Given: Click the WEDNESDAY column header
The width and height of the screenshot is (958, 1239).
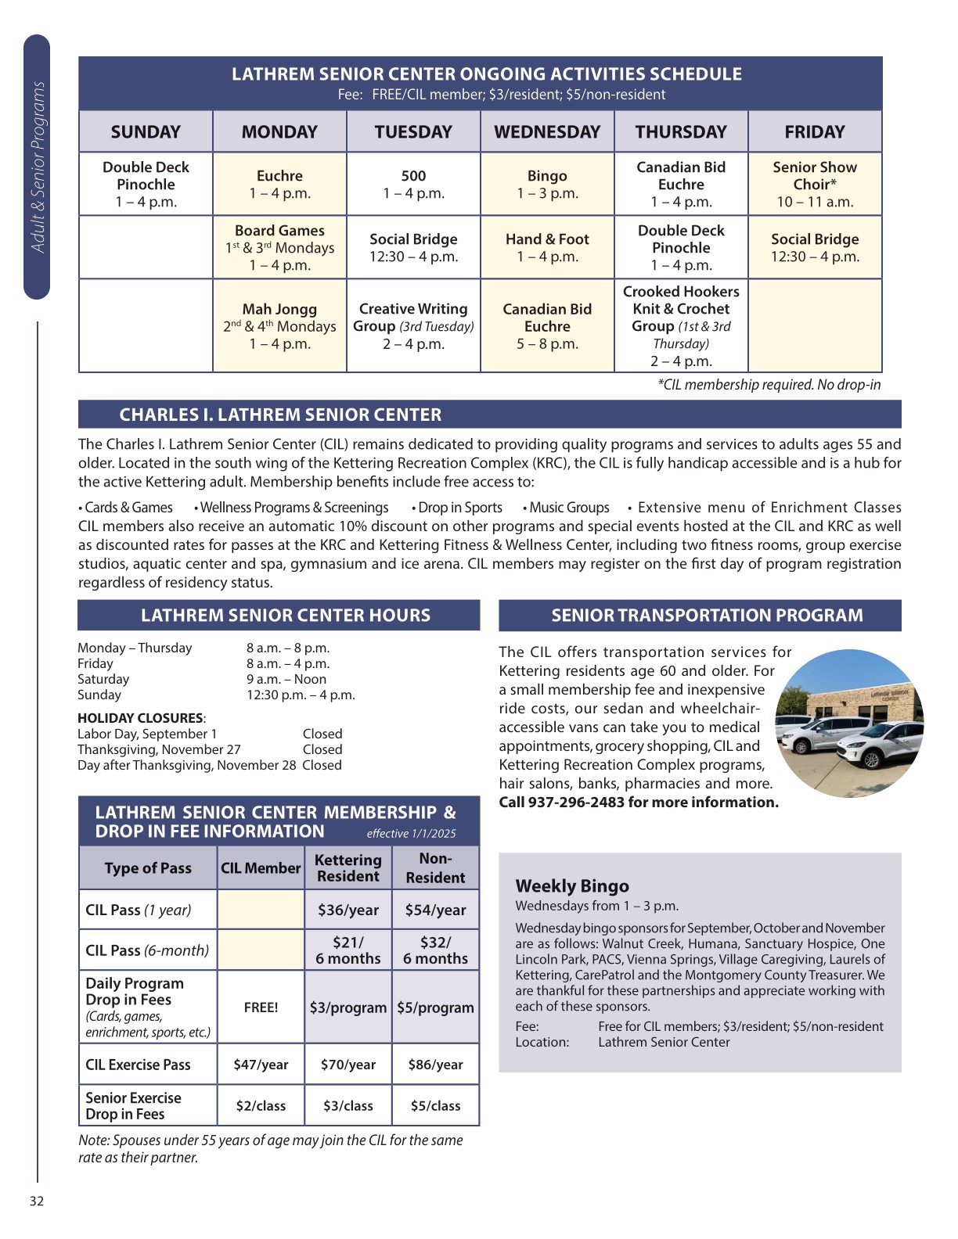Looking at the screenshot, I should pos(547,131).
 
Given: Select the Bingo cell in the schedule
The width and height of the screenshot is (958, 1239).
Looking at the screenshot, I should pos(547,184).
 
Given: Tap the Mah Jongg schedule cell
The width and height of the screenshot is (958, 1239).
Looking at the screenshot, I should pos(279,325).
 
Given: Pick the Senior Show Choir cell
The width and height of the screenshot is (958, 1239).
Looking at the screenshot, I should pos(815,184).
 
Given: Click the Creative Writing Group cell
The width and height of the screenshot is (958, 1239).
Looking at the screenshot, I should pos(413,325).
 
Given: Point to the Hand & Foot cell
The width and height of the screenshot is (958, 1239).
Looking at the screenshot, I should pos(547,247).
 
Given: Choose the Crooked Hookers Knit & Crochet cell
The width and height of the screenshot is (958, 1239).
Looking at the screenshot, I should pos(681,325).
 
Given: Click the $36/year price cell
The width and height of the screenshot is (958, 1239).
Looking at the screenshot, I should pos(348,910).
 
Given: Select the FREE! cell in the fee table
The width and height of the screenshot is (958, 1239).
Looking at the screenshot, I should pos(261,1007).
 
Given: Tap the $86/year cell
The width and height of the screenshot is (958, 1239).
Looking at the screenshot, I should pos(435,1065).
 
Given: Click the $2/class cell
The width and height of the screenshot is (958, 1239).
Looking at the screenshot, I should pos(261,1106).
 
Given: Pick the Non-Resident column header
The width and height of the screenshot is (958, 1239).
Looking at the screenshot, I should pos(435,868).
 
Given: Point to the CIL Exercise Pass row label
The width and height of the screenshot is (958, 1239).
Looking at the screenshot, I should pos(139,1065).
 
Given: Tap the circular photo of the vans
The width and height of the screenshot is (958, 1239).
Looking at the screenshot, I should pos(849,724).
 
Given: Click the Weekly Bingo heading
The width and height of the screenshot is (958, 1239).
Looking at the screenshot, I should pos(572,886).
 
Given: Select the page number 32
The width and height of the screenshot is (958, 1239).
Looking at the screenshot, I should pos(37,1201).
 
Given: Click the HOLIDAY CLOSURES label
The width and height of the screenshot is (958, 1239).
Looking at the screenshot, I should pos(141,718).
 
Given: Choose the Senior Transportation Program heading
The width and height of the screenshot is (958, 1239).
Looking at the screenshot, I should pos(707,616).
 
